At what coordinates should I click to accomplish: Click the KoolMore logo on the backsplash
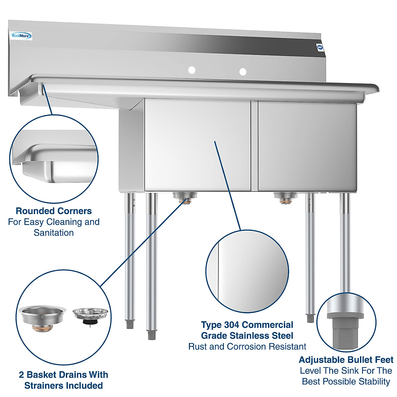21,36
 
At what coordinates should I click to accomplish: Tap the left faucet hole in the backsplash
192,70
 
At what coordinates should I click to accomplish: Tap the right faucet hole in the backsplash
243,72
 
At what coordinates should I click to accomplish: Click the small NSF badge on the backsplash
320,47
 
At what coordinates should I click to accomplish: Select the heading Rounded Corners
54,211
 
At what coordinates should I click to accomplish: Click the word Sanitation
54,233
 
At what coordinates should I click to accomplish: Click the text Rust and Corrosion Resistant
247,347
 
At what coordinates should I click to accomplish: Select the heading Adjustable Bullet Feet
346,360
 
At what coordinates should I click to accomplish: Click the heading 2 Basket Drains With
64,375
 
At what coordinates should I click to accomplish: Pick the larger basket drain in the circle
42,318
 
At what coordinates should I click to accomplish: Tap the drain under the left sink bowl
185,198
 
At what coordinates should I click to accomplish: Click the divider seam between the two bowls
254,146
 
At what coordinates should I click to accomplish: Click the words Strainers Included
64,386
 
